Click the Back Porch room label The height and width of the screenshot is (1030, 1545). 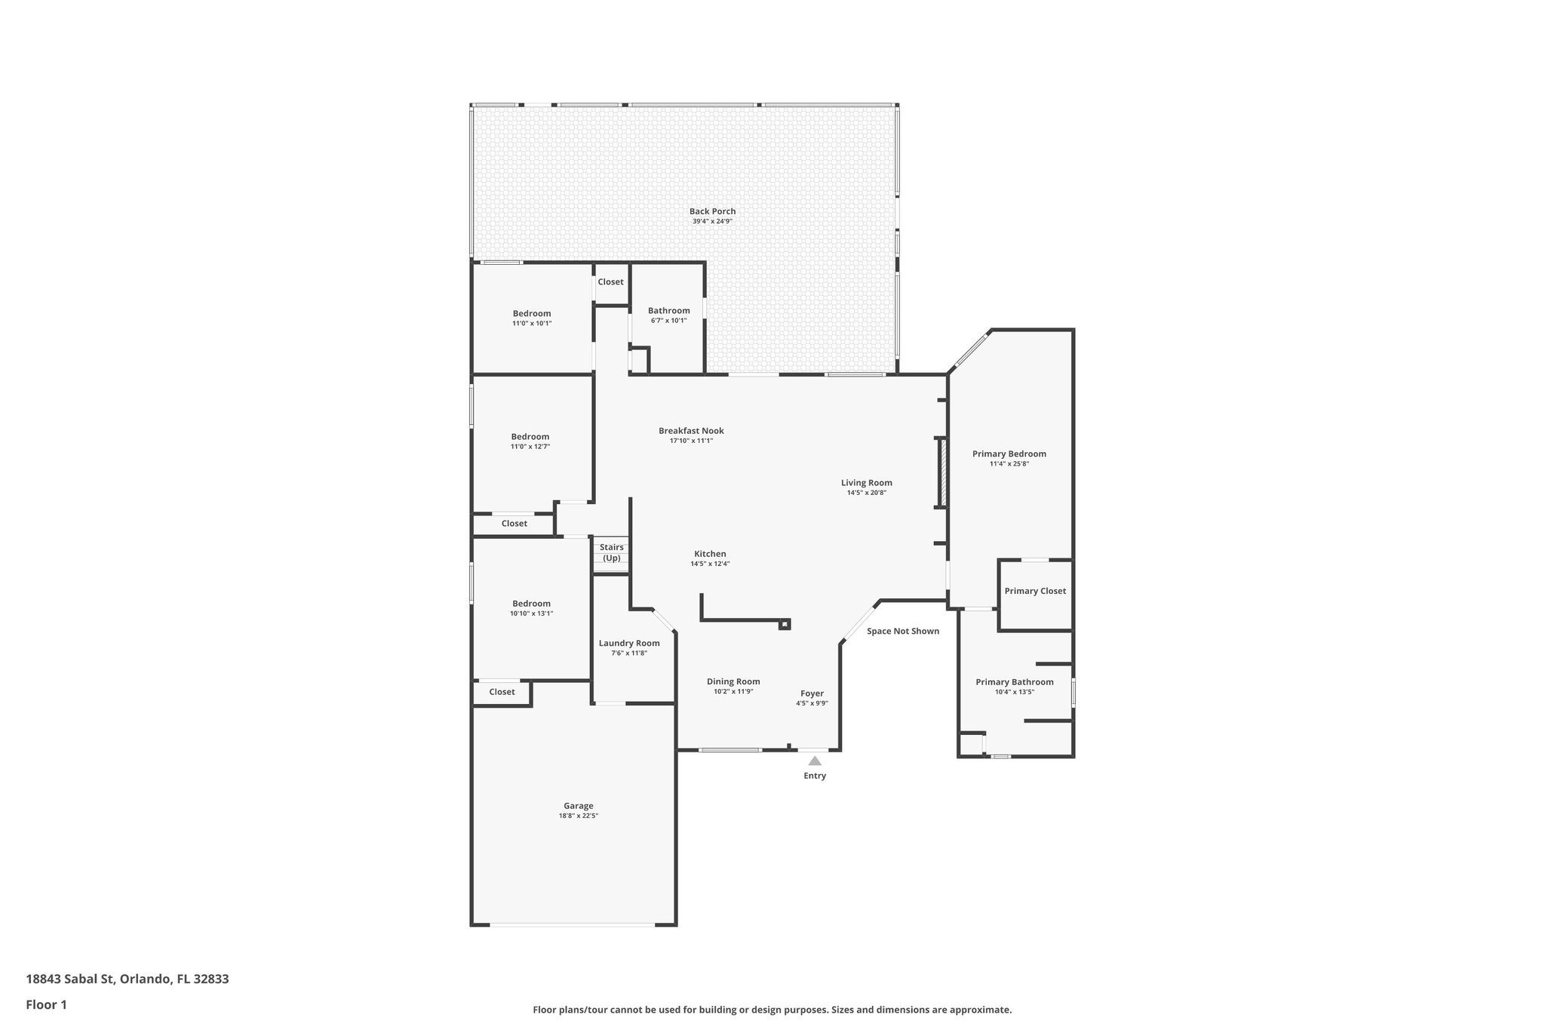tap(712, 211)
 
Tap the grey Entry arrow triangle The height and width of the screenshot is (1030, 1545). tap(815, 761)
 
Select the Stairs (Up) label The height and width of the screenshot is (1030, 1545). tap(612, 552)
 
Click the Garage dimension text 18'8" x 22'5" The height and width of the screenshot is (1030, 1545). tap(579, 816)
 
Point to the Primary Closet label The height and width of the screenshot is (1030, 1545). tap(1035, 591)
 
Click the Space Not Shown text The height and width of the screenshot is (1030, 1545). tap(902, 631)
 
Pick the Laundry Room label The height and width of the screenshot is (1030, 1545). tap(629, 643)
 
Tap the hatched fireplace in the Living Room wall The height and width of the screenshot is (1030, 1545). tap(941, 483)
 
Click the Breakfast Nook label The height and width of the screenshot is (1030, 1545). tap(691, 431)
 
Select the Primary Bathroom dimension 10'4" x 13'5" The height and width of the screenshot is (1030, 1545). tap(1014, 692)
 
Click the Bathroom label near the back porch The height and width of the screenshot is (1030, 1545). tap(668, 310)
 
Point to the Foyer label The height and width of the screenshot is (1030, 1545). tap(812, 693)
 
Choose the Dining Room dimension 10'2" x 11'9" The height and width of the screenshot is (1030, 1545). tap(733, 691)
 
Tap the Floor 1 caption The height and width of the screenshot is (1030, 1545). tap(46, 1004)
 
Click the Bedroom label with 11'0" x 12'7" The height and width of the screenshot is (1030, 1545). tap(530, 436)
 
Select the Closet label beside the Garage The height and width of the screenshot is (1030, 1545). tap(502, 692)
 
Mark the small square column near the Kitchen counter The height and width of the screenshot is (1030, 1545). tap(785, 624)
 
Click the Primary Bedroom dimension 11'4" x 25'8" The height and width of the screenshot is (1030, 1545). tap(1009, 464)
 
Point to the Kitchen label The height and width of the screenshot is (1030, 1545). tap(710, 554)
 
